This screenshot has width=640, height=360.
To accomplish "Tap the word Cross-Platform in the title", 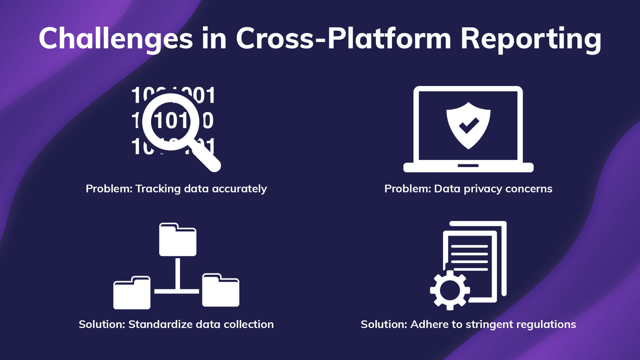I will pos(343,39).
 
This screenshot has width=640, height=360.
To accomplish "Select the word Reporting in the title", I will pos(531,39).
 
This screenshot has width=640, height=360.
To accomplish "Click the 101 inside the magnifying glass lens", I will pos(171,121).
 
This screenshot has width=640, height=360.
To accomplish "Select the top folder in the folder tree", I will pos(178,240).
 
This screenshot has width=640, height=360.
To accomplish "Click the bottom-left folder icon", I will pos(132,293).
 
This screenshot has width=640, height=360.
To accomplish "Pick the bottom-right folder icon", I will pos(221,291).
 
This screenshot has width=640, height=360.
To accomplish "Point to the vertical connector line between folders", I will pos(178,273).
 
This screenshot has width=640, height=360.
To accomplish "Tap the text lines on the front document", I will pos(469,257).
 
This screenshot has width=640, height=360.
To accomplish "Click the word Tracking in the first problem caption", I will pos(158,189).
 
